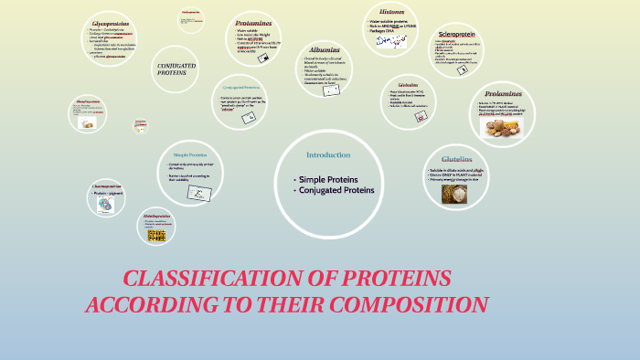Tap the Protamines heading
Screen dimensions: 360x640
tap(253, 22)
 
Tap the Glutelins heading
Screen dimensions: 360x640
tap(457, 159)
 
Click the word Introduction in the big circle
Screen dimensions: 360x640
tap(328, 154)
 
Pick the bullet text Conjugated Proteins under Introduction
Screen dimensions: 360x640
tap(336, 190)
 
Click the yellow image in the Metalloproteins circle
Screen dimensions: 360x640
tap(156, 235)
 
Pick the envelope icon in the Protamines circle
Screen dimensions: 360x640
tap(264, 58)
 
